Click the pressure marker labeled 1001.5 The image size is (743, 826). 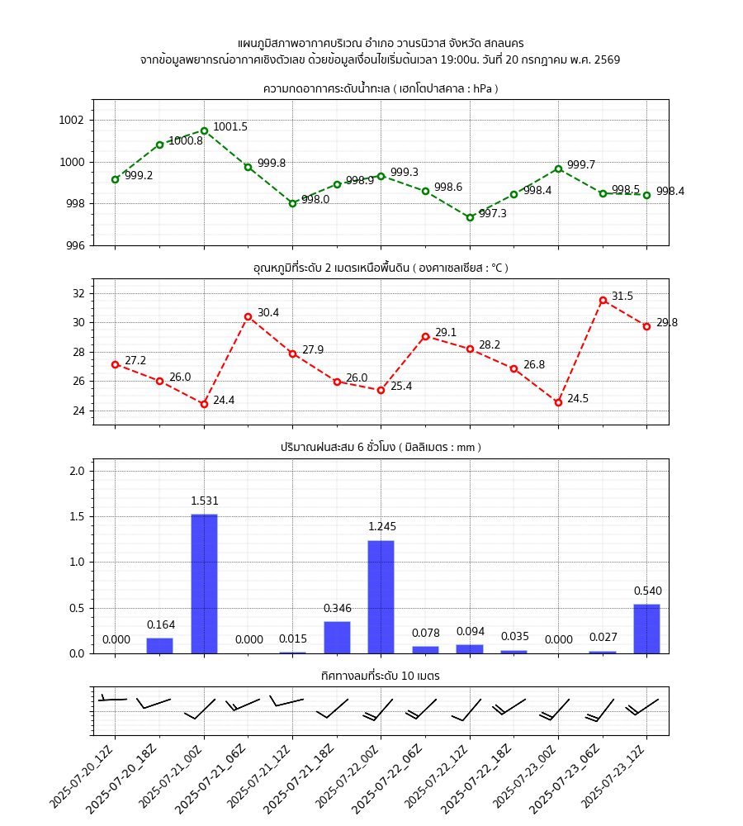[x=204, y=131]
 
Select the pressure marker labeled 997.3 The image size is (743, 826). [x=470, y=217]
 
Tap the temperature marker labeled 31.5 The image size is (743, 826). [x=603, y=301]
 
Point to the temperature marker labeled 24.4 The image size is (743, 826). [x=204, y=404]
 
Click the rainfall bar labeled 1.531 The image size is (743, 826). [x=204, y=583]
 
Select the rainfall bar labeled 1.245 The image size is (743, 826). [x=381, y=596]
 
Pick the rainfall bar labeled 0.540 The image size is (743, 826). [x=646, y=629]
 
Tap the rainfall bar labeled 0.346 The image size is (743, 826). [x=337, y=637]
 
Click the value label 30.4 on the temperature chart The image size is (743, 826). [x=268, y=313]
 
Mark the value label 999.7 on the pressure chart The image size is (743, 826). [x=580, y=165]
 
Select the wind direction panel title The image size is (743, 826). [x=381, y=676]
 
